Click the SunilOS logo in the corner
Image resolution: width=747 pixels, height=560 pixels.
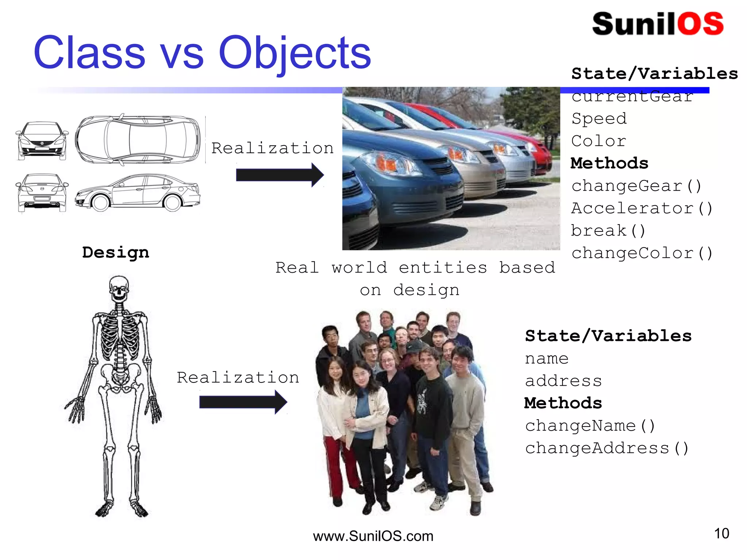(x=658, y=24)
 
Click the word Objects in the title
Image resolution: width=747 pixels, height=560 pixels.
(x=294, y=53)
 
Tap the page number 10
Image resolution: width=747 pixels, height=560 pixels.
(x=721, y=533)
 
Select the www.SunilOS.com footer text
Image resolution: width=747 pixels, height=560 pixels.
(x=373, y=536)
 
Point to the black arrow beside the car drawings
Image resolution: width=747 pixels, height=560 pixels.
(x=279, y=175)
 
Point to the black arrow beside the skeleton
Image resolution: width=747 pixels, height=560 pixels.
(x=243, y=402)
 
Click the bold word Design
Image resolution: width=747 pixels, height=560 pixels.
(x=116, y=253)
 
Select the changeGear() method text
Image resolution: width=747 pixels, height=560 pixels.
(x=636, y=186)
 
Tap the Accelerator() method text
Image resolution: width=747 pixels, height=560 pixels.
(x=642, y=209)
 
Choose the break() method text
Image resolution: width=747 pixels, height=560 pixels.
(x=608, y=231)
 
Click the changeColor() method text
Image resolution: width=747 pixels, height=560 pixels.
(x=642, y=253)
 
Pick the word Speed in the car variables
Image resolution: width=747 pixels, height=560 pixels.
(x=599, y=119)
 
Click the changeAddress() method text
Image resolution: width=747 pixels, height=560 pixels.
(x=607, y=448)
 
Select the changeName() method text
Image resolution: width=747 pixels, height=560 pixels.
(x=590, y=426)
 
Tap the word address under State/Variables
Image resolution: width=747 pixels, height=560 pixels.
(x=563, y=381)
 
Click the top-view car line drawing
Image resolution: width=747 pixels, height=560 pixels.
(x=138, y=139)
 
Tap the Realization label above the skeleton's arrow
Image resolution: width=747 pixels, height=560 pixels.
(x=238, y=377)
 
